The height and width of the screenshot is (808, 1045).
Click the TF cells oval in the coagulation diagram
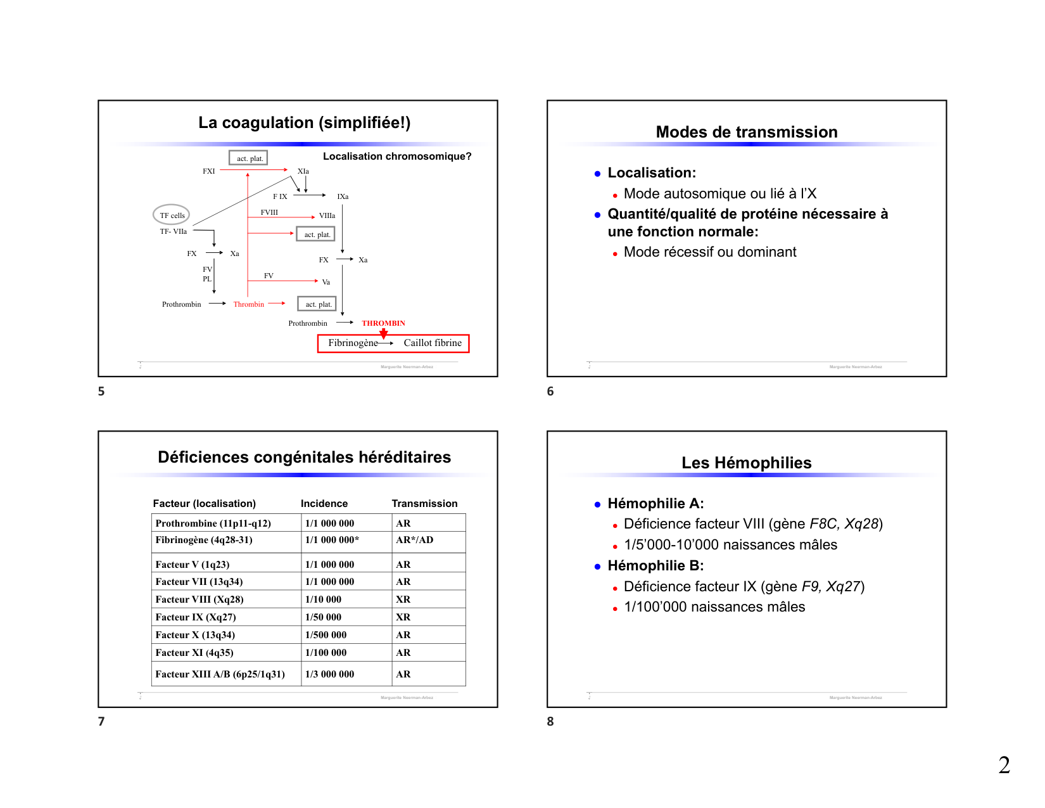(172, 215)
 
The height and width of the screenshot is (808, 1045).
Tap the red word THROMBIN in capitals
(383, 323)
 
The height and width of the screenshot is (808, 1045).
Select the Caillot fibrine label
(433, 343)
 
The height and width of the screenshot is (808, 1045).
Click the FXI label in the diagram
(208, 171)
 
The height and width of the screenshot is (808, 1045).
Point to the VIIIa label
(327, 215)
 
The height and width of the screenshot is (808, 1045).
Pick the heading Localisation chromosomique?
(397, 157)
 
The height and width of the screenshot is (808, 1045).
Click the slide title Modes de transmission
(746, 132)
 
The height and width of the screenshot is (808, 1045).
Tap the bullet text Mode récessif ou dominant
(710, 252)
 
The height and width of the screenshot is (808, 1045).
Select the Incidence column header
(324, 503)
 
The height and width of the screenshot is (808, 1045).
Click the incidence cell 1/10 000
(323, 600)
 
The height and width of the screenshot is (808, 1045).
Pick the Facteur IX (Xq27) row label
(196, 617)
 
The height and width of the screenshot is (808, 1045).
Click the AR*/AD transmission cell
(415, 540)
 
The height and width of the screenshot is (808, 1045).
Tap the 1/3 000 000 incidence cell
(329, 674)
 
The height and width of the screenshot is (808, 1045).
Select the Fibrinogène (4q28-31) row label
(204, 540)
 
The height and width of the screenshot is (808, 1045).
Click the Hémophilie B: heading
(655, 566)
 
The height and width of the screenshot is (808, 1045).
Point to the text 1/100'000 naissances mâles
(714, 607)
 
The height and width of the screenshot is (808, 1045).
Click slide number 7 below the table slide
(101, 721)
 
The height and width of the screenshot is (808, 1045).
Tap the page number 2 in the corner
(1004, 765)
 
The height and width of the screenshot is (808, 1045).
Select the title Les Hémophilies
(746, 463)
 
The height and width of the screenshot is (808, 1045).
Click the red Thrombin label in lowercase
(248, 304)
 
